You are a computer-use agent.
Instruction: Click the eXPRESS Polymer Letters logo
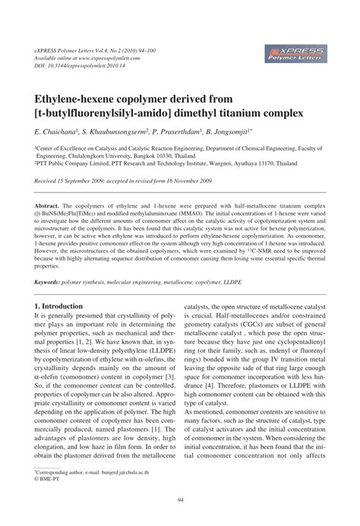pyautogui.click(x=297, y=53)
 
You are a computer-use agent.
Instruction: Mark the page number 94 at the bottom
pyautogui.click(x=179, y=499)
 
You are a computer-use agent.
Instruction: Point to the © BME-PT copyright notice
pyautogui.click(x=50, y=480)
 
